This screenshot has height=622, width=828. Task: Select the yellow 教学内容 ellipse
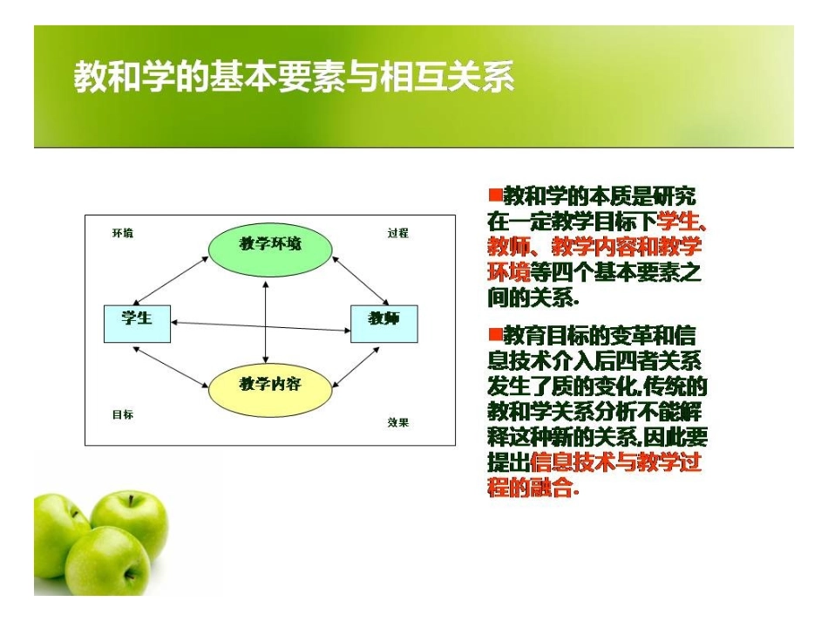click(270, 385)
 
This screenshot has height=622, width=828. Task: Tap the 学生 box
click(137, 323)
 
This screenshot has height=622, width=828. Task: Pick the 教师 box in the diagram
click(383, 323)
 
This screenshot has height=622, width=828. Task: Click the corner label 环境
click(123, 233)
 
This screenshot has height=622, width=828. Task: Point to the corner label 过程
click(397, 233)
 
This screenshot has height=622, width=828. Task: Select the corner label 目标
click(123, 414)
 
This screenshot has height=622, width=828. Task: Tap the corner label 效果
click(397, 422)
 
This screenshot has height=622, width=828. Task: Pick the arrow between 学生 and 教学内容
click(174, 365)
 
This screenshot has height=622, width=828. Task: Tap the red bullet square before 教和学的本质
click(495, 193)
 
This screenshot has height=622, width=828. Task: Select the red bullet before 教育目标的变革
click(495, 333)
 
